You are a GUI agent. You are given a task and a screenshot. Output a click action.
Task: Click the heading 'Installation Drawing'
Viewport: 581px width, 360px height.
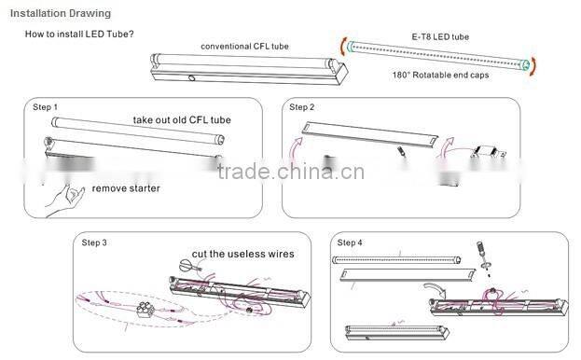[59, 14]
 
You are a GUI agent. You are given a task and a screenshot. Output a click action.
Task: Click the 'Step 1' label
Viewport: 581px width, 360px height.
[45, 108]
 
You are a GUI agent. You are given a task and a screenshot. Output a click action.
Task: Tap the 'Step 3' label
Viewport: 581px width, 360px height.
[94, 242]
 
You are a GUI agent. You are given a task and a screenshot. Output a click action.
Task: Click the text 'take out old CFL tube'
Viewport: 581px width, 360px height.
[181, 119]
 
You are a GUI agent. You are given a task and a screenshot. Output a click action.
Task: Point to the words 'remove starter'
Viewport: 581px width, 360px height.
[125, 188]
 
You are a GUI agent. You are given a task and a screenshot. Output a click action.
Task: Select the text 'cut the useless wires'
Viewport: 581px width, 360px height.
[243, 253]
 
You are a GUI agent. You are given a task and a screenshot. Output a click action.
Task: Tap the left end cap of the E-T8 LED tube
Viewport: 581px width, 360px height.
[347, 43]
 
